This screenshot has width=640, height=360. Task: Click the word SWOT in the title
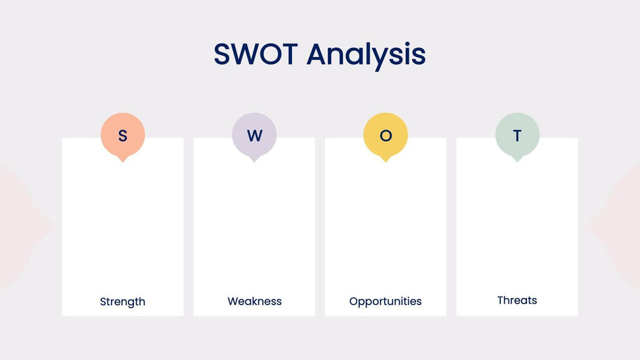256,54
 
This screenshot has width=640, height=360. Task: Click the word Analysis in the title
366,56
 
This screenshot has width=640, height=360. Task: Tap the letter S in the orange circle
123,135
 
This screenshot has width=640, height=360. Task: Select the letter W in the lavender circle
254,135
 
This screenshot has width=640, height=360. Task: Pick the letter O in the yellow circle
386,135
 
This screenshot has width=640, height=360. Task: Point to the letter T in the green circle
517,135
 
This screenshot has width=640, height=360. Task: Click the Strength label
123,302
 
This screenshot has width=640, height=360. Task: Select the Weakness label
254,301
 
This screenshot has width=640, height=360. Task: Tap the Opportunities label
385,302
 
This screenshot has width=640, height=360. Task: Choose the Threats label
517,301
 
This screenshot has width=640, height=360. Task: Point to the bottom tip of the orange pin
123,162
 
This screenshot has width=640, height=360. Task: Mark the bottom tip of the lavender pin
254,162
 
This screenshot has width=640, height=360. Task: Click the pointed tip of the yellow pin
386,162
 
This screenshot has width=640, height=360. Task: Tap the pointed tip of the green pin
517,162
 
